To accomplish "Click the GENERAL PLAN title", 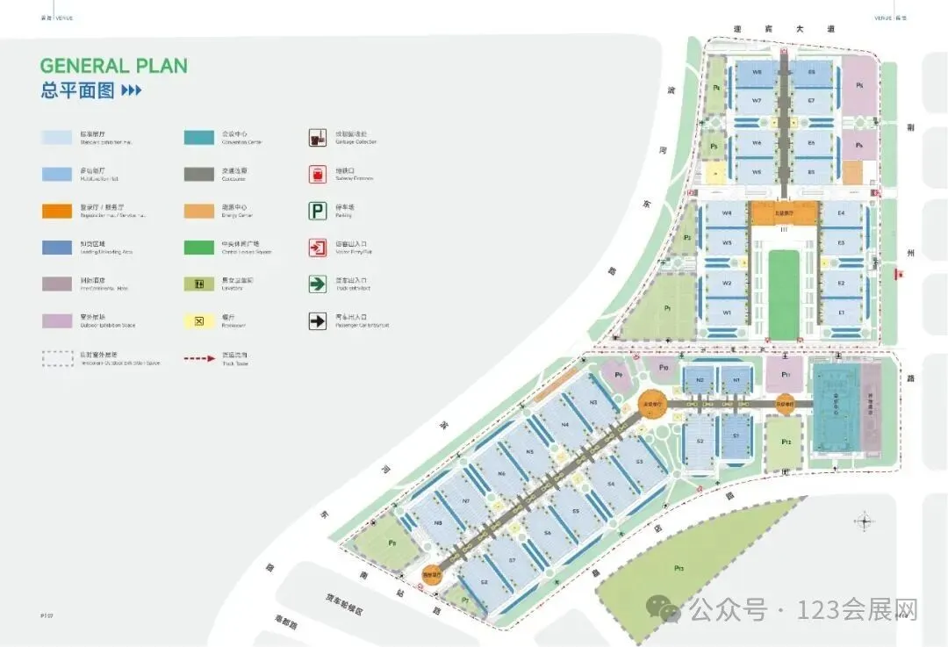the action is (x=113, y=65).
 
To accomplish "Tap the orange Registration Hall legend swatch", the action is (x=58, y=211).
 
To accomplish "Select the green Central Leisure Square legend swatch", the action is (x=199, y=248).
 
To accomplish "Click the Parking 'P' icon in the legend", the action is (x=318, y=211).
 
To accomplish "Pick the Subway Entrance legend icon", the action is (x=318, y=174).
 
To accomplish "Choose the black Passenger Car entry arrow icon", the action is (x=318, y=321).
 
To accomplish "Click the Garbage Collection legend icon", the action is (x=318, y=137).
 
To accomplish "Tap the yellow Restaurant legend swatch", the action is (x=199, y=321).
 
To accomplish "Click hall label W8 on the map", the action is (x=757, y=71).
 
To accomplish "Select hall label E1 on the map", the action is (x=841, y=312).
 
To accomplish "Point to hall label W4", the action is (x=727, y=213).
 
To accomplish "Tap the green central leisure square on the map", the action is (x=784, y=293).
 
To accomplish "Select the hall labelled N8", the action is (x=438, y=523).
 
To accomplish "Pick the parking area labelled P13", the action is (x=679, y=568).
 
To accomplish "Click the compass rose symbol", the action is (x=865, y=521).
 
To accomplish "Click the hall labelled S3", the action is (x=638, y=463).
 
